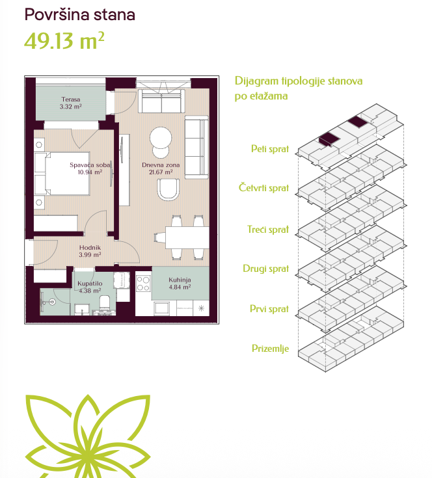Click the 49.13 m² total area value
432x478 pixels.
64,40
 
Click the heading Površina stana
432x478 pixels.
79,14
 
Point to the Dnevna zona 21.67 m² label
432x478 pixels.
161,168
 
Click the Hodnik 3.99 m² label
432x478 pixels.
90,251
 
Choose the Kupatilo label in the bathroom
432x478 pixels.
90,284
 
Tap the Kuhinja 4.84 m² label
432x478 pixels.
180,283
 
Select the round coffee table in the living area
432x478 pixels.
161,138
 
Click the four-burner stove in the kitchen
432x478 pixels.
143,283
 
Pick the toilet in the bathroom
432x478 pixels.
105,302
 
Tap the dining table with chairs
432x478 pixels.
183,237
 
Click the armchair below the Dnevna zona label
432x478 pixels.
169,189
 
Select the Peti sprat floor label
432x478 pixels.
270,149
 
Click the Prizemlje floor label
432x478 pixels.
270,349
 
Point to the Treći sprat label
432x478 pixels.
268,229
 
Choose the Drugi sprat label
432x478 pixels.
266,269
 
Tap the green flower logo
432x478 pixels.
88,436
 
